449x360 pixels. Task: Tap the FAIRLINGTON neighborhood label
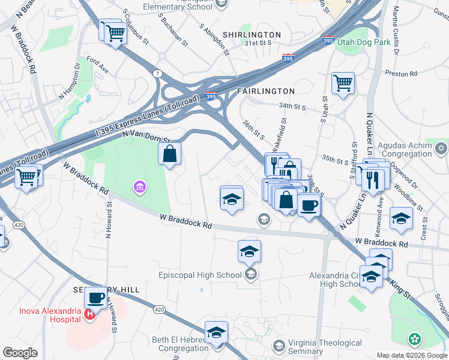tap(266, 91)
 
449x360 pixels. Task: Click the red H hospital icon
tap(89, 314)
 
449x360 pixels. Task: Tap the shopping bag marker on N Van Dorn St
tap(170, 154)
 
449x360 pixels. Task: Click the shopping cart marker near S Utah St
tap(343, 83)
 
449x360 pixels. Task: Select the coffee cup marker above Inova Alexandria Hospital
tap(95, 298)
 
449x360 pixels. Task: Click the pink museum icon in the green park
tap(139, 188)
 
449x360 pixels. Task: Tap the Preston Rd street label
tap(401, 73)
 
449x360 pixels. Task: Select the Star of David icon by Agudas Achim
tap(441, 148)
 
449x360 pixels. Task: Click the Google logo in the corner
tap(19, 353)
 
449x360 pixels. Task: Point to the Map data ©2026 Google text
tap(412, 355)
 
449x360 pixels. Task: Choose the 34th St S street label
tap(292, 107)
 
